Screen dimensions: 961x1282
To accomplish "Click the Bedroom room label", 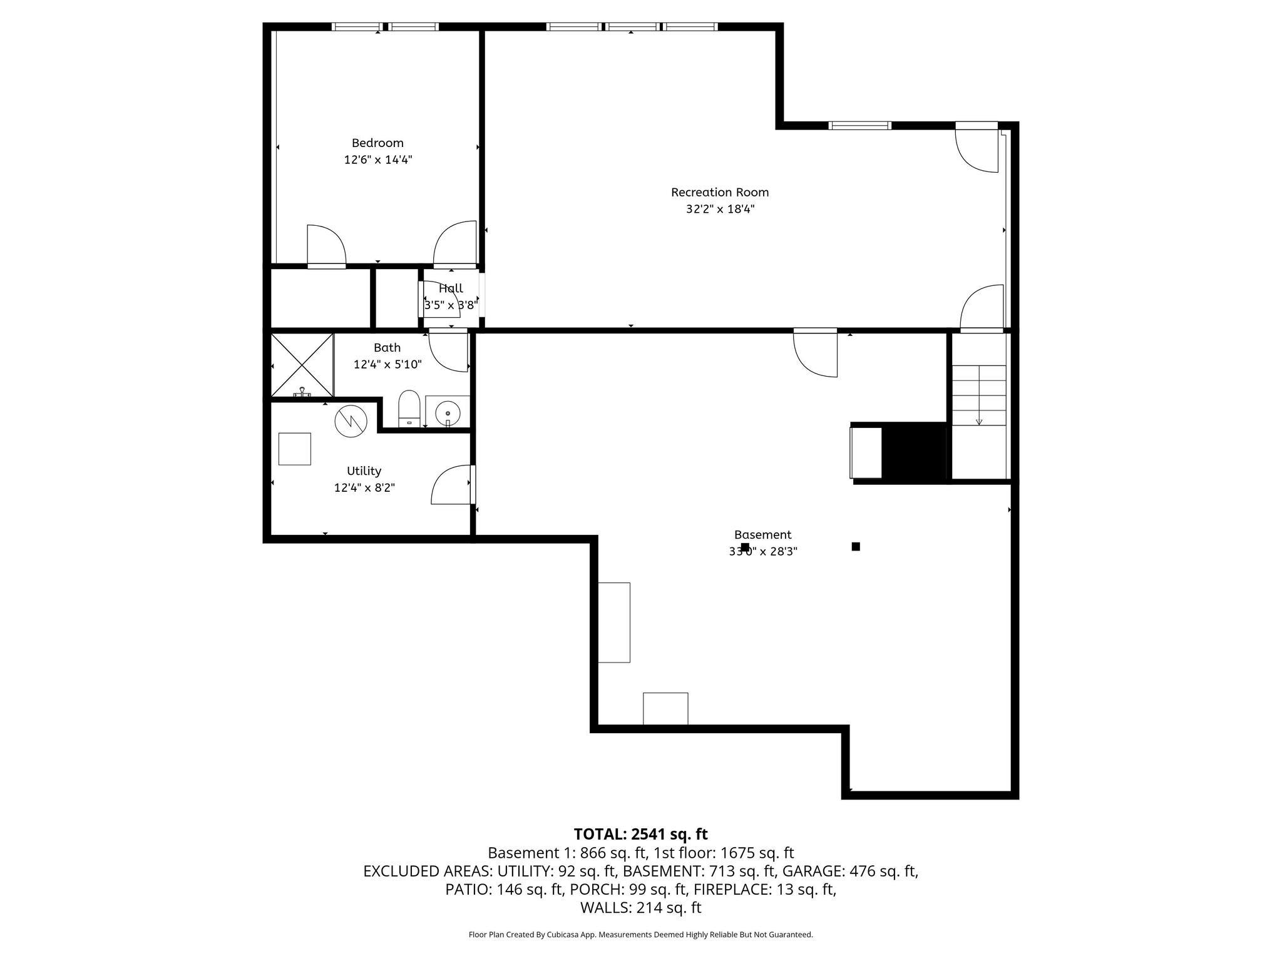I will [377, 143].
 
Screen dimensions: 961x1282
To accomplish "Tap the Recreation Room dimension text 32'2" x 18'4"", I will [720, 209].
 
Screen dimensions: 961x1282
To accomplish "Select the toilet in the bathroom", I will [409, 408].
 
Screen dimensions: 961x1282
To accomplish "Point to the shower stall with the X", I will [302, 365].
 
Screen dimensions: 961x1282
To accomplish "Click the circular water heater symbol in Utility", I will [350, 422].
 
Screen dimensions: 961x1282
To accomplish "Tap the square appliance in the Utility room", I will [294, 449].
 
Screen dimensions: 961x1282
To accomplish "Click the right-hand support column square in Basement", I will [856, 546].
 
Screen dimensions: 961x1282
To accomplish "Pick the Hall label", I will [451, 288].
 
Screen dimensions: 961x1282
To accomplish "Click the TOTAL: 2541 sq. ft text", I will [640, 834].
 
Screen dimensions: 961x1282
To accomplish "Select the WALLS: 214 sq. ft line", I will [640, 907].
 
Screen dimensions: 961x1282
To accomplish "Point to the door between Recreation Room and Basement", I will [816, 353].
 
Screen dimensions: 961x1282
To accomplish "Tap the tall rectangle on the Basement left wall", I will [613, 622].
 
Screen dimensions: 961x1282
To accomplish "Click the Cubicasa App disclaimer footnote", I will [640, 935].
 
